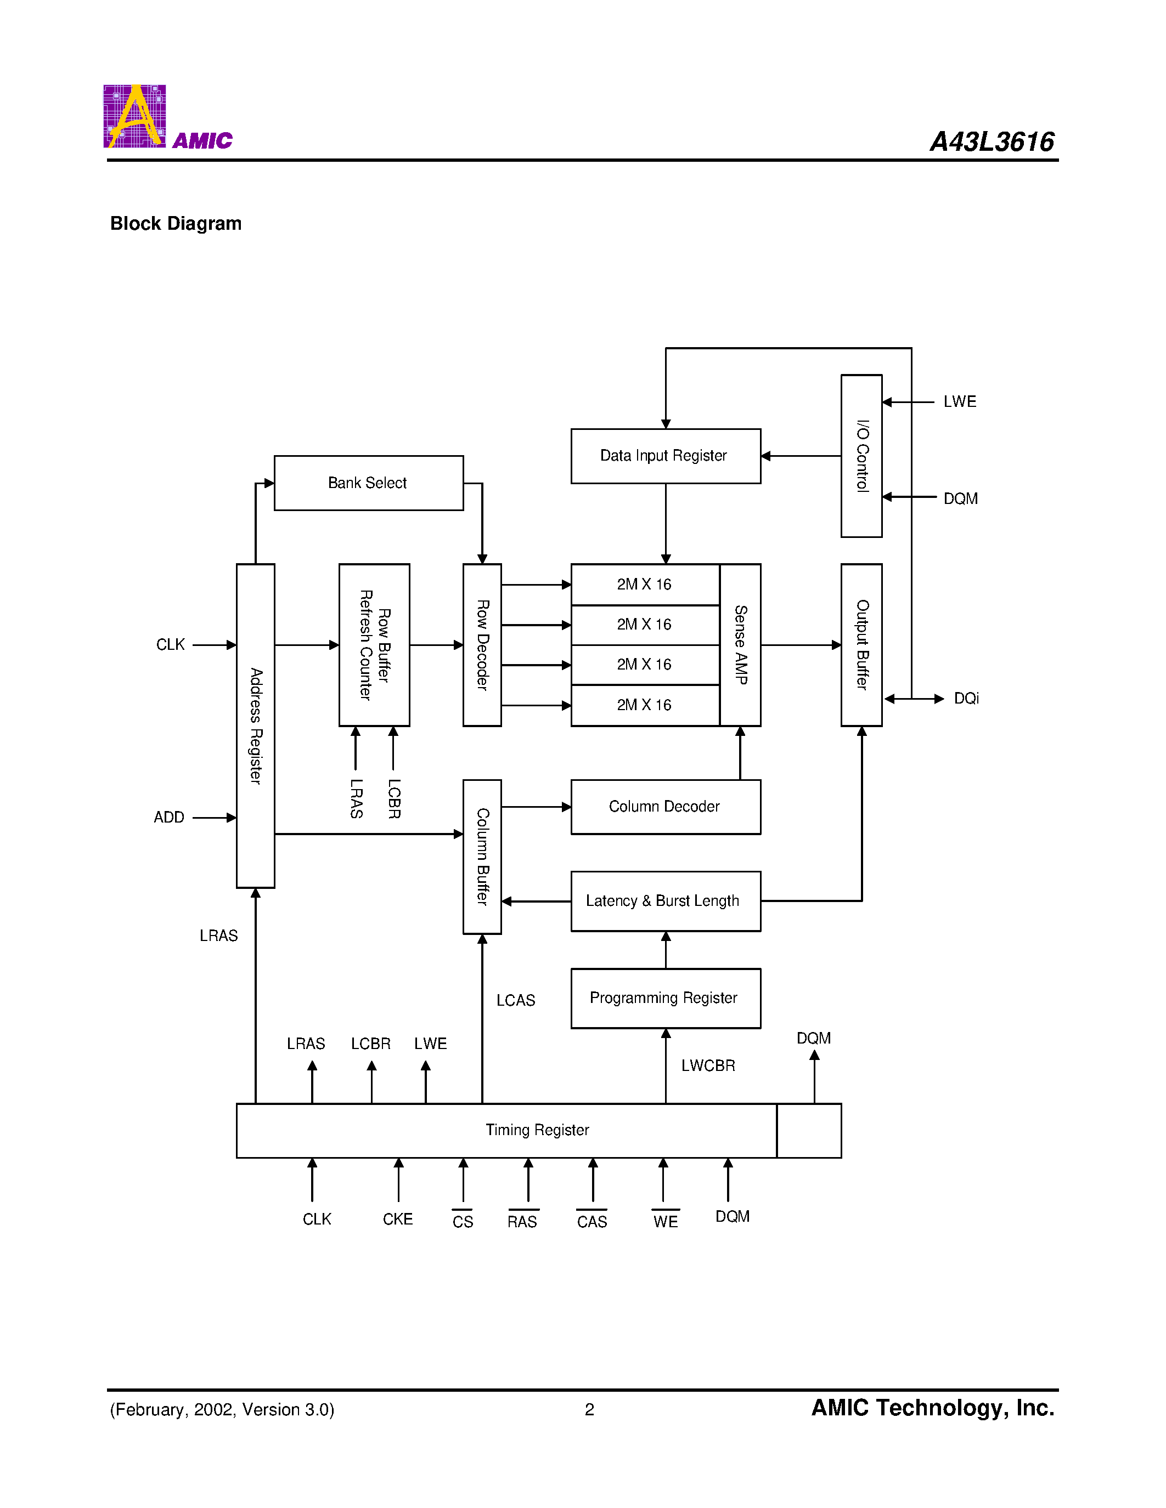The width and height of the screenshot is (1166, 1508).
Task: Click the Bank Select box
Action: (x=368, y=483)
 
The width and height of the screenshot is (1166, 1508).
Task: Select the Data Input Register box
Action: (x=665, y=456)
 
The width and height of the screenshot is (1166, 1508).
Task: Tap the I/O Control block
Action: (x=861, y=456)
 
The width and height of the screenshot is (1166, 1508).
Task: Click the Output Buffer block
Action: (x=861, y=644)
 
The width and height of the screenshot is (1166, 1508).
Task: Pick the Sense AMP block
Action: (x=740, y=644)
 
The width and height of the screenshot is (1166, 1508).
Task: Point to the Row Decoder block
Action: (x=482, y=644)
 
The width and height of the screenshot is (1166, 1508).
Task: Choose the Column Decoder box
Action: (x=665, y=807)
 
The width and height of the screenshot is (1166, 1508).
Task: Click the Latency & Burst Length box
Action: (x=665, y=901)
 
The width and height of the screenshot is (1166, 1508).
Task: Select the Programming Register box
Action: (x=665, y=997)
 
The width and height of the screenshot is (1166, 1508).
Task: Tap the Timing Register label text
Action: (x=537, y=1130)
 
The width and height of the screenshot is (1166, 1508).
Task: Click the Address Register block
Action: (x=256, y=725)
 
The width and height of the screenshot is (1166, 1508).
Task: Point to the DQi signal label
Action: (x=966, y=698)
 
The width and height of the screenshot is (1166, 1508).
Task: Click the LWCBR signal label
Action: (x=708, y=1065)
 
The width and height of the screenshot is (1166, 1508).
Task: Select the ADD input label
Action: (x=168, y=818)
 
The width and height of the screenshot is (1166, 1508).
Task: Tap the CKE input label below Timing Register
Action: (x=398, y=1218)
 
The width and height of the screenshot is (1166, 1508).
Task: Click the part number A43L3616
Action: (x=992, y=141)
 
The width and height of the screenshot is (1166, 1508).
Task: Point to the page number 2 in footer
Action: (x=589, y=1409)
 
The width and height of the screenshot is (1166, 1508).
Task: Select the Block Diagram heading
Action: (x=176, y=224)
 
